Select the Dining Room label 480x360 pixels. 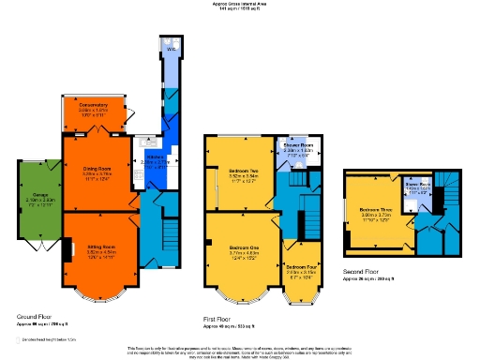97,169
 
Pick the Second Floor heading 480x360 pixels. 360,273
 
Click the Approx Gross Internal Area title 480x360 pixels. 240,5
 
